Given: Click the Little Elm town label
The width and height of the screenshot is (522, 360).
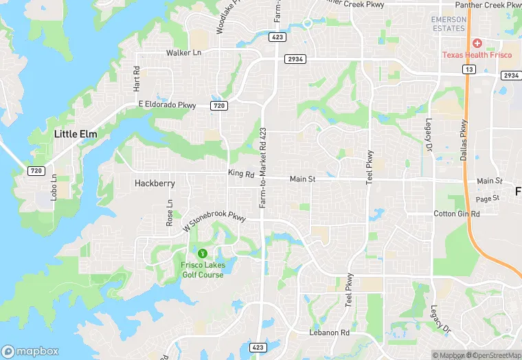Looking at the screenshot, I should click(75, 135).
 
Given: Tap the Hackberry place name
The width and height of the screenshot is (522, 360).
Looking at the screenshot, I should click(155, 183).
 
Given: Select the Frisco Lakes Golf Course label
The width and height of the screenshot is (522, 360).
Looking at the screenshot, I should click(203, 270).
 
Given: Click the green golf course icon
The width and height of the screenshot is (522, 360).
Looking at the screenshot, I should click(202, 254).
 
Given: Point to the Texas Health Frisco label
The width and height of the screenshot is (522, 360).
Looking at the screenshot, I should click(476, 55).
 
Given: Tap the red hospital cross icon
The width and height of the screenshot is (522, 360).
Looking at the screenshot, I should click(476, 43).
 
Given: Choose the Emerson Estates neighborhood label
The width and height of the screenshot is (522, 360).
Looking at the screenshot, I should click(449, 24).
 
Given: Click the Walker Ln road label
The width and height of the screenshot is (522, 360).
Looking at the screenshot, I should click(183, 53).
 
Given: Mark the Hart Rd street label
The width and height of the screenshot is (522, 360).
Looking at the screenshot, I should click(137, 79).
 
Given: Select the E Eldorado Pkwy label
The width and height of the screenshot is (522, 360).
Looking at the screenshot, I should click(167, 104).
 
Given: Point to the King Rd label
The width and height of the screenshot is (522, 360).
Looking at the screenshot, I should click(241, 174).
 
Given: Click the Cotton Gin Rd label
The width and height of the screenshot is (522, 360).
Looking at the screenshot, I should click(457, 214).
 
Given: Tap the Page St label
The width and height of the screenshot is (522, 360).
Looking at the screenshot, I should click(487, 199).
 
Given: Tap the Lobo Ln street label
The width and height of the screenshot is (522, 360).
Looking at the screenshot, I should click(54, 187).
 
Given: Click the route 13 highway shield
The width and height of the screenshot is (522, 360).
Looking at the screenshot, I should click(469, 69).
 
